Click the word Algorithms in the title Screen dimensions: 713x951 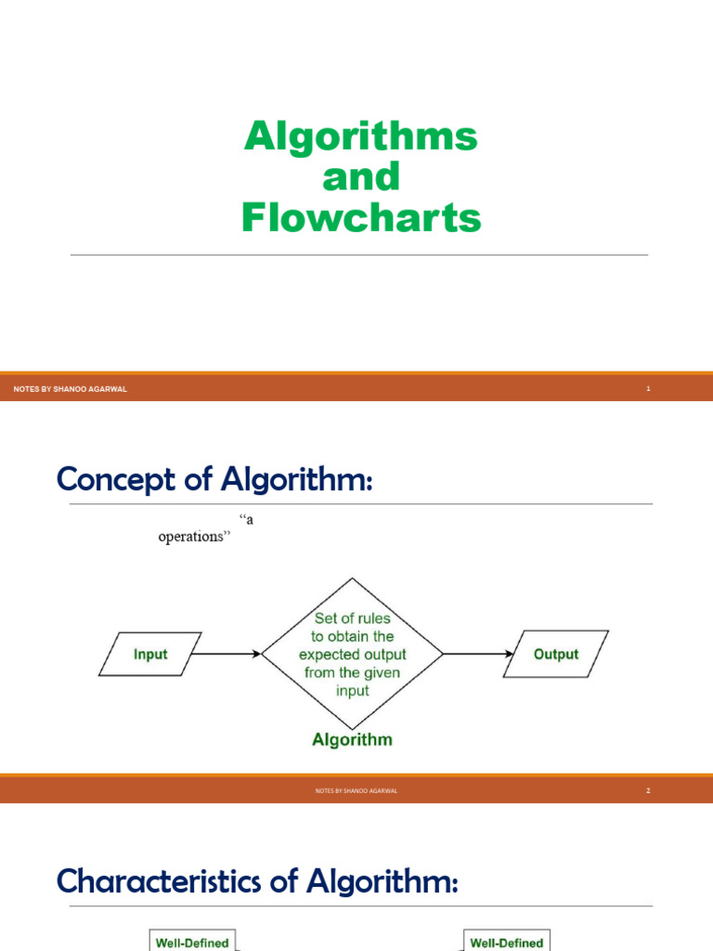pyautogui.click(x=360, y=137)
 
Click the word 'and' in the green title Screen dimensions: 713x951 pyautogui.click(x=360, y=176)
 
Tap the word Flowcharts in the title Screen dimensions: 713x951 pyautogui.click(x=361, y=217)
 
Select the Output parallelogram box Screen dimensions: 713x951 pyautogui.click(x=556, y=654)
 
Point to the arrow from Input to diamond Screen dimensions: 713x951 pyautogui.click(x=227, y=654)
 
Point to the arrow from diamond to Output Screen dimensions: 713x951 pyautogui.click(x=477, y=654)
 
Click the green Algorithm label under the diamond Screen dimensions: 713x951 pyautogui.click(x=352, y=740)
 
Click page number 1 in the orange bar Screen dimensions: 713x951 pyautogui.click(x=648, y=389)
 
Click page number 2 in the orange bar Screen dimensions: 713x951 pyautogui.click(x=648, y=790)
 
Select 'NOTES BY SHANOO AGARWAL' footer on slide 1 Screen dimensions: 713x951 pyautogui.click(x=71, y=389)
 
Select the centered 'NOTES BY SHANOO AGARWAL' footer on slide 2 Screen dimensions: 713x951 pyautogui.click(x=356, y=790)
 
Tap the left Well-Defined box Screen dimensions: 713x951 pyautogui.click(x=191, y=942)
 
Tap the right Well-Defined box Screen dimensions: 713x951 pyautogui.click(x=507, y=942)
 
